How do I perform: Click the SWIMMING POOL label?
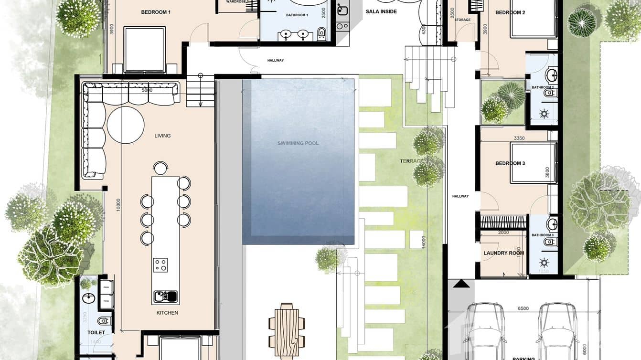(x=298, y=143)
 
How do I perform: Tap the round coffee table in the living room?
(x=125, y=125)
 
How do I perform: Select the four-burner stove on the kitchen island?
(x=160, y=265)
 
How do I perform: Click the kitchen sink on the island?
(x=165, y=296)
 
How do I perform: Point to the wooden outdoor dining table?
(x=287, y=328)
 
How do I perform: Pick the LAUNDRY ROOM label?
(x=503, y=254)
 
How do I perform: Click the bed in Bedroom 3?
(x=533, y=163)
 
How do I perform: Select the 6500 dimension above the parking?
(x=523, y=309)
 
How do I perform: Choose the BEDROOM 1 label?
(x=156, y=12)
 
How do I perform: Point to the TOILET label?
(x=96, y=332)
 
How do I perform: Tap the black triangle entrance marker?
(x=461, y=284)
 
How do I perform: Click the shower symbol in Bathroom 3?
(x=544, y=262)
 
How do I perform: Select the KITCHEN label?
(x=167, y=313)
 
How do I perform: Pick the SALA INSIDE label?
(x=381, y=11)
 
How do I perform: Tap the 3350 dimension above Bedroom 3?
(x=519, y=138)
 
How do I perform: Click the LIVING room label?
(x=162, y=136)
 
